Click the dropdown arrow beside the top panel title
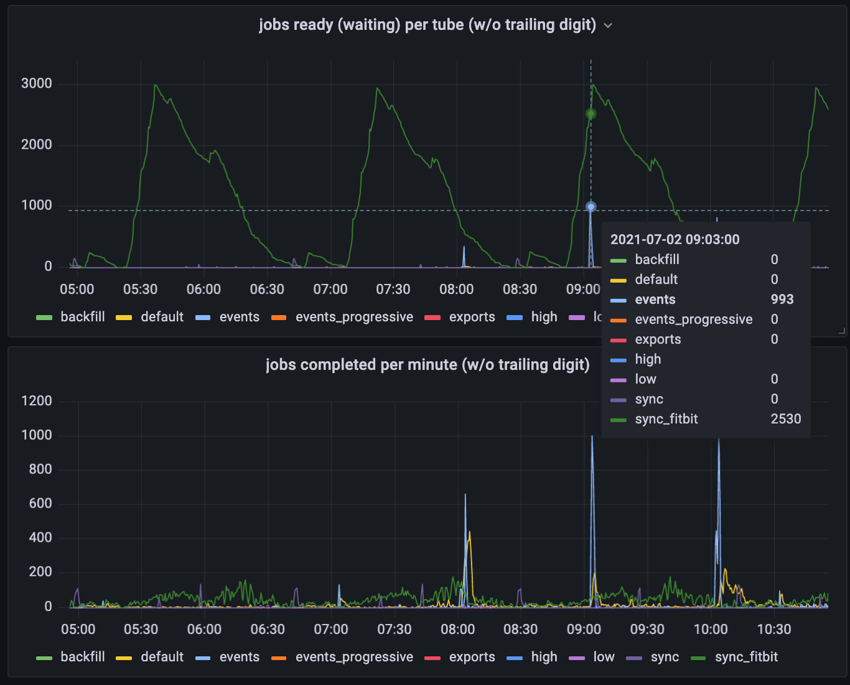click(x=608, y=26)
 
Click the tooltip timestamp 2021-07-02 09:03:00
click(x=675, y=240)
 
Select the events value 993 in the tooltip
click(x=782, y=300)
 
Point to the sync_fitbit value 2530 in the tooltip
click(x=785, y=419)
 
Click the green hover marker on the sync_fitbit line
click(x=591, y=114)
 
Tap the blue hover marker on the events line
click(x=591, y=207)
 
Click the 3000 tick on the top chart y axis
click(x=37, y=83)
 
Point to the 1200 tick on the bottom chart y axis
click(x=37, y=401)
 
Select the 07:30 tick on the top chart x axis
click(x=393, y=290)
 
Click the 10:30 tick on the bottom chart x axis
click(x=773, y=630)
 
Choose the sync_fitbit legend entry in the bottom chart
click(x=746, y=657)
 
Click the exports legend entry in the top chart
click(x=472, y=317)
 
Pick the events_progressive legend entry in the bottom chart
click(x=353, y=657)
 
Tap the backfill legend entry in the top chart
click(x=82, y=317)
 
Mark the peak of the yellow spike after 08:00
click(x=469, y=532)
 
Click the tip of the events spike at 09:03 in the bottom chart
click(x=592, y=436)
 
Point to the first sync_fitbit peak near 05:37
click(x=155, y=85)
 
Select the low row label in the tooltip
click(x=645, y=379)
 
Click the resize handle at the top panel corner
click(x=841, y=331)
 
